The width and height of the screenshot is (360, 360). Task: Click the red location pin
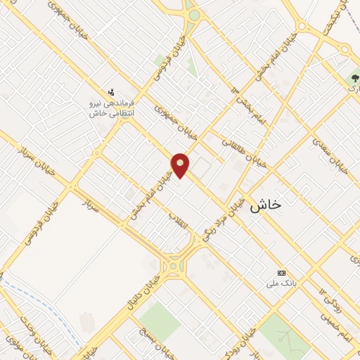181,165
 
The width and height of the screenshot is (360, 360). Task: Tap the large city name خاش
266,205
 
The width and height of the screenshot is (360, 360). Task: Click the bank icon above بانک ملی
283,273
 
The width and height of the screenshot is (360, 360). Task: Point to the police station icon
110,91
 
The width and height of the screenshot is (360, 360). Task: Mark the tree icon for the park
354,77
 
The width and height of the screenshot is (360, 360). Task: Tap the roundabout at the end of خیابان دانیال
173,265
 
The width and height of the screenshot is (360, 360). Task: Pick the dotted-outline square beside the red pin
202,167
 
